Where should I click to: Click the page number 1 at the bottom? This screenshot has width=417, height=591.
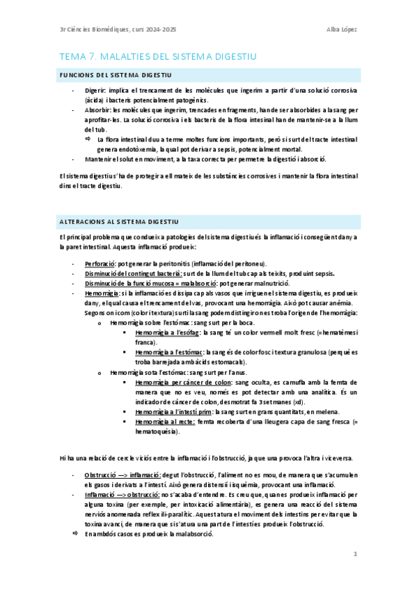click(x=355, y=554)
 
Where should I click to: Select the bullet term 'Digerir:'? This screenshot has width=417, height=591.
click(x=95, y=91)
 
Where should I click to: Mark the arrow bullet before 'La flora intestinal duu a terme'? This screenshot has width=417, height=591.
click(x=88, y=139)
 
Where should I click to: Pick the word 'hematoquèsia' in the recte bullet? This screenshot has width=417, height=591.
click(x=157, y=431)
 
